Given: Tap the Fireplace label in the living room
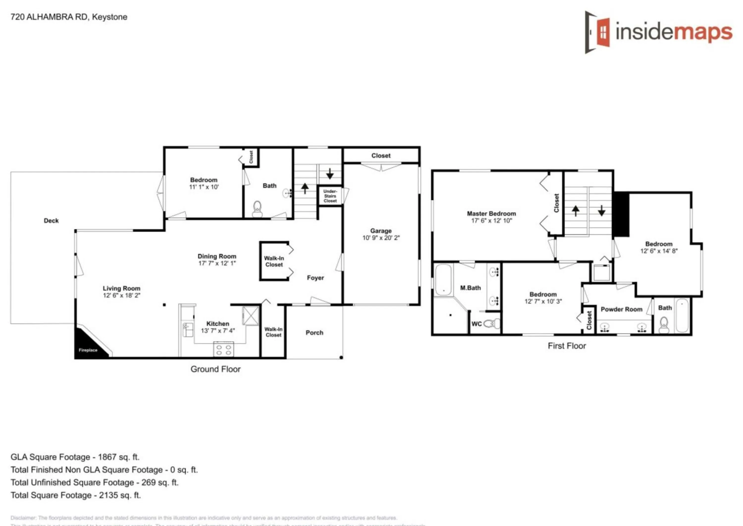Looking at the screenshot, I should [x=88, y=350].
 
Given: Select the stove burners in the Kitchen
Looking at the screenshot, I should [x=223, y=349].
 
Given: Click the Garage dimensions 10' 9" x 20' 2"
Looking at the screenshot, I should [x=381, y=238].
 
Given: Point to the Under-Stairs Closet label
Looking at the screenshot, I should [x=330, y=196].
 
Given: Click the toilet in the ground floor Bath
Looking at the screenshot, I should [x=257, y=208].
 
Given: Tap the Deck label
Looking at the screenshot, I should [x=51, y=221].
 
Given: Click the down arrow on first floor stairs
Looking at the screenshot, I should [x=602, y=210].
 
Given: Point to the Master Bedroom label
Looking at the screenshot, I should [x=491, y=213].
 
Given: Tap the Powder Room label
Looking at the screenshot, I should [x=621, y=309].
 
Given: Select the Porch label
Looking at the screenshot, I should [x=314, y=333].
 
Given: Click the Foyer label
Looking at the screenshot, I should [x=315, y=278].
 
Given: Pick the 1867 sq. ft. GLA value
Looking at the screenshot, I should [x=119, y=457].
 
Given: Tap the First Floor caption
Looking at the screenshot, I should [x=567, y=346].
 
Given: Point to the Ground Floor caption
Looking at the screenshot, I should [x=215, y=369].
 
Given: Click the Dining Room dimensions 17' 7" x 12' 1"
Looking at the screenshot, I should [x=217, y=263].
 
